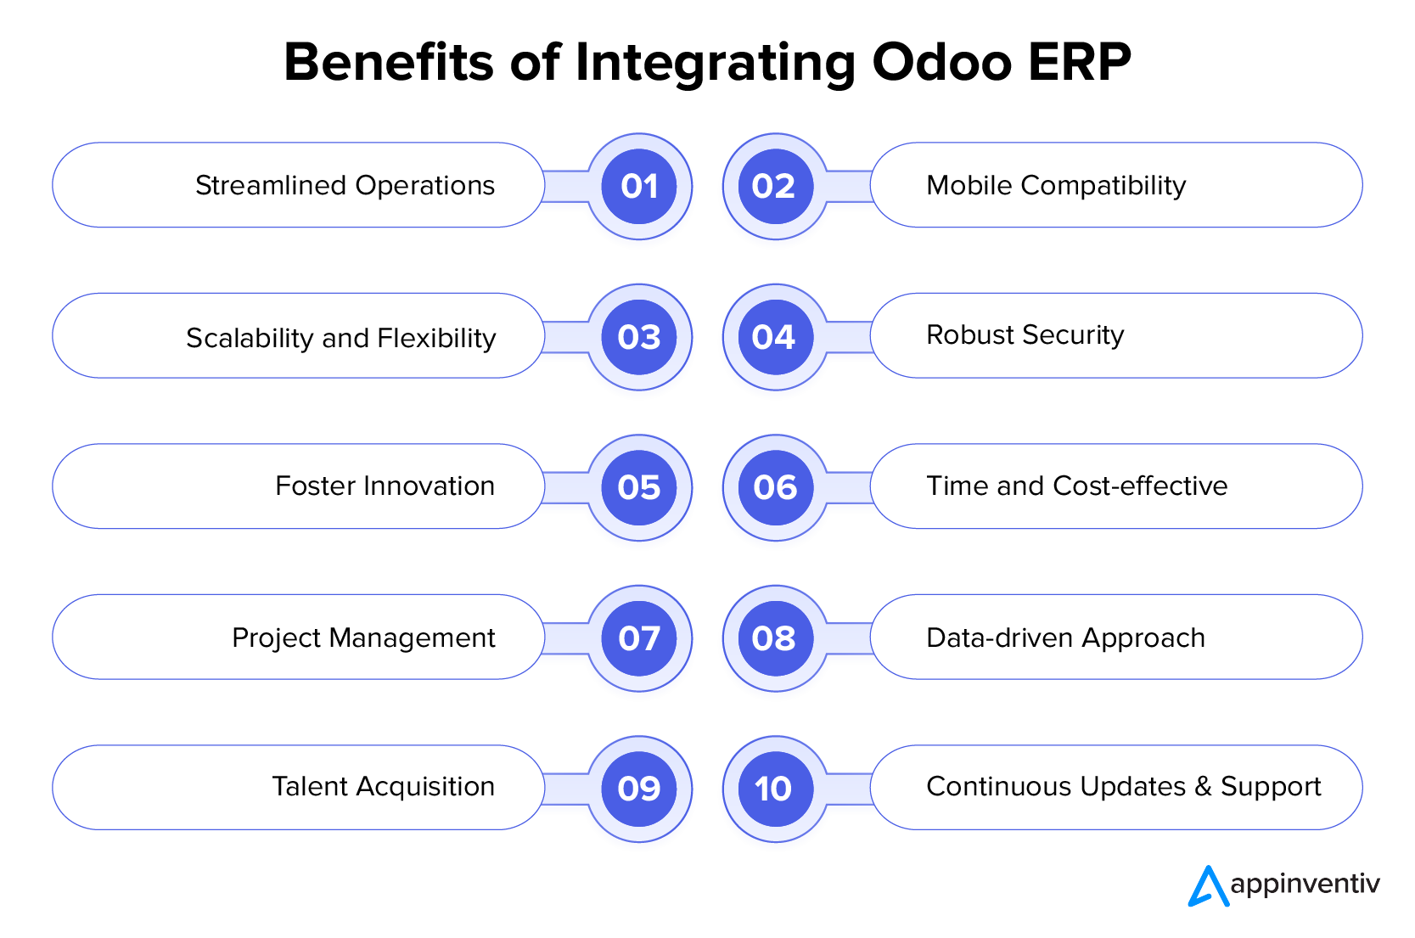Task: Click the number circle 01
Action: (x=639, y=186)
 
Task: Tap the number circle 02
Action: (x=774, y=186)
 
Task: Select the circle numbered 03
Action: (x=639, y=337)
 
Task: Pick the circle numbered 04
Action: (x=774, y=337)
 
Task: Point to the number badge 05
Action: (x=639, y=487)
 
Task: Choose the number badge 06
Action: (x=774, y=487)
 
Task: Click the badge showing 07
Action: (x=639, y=638)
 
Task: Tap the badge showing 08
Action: (x=774, y=638)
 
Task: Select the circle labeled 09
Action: (x=639, y=789)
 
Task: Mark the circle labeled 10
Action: (x=774, y=789)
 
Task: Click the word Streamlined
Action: (x=271, y=185)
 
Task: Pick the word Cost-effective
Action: (x=1140, y=486)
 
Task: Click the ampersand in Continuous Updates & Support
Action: (x=1203, y=786)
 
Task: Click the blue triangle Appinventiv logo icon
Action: (x=1207, y=887)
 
